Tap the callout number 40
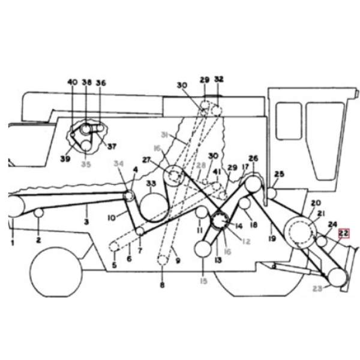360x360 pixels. [73, 83]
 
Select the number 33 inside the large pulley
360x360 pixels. [151, 184]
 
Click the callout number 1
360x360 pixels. [11, 244]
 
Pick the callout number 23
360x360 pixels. [318, 289]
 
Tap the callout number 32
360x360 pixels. [218, 80]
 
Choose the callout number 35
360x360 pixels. [86, 163]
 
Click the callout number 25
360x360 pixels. [280, 175]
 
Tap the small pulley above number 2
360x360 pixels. [38, 213]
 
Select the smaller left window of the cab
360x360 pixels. [289, 122]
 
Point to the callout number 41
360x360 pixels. [217, 172]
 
